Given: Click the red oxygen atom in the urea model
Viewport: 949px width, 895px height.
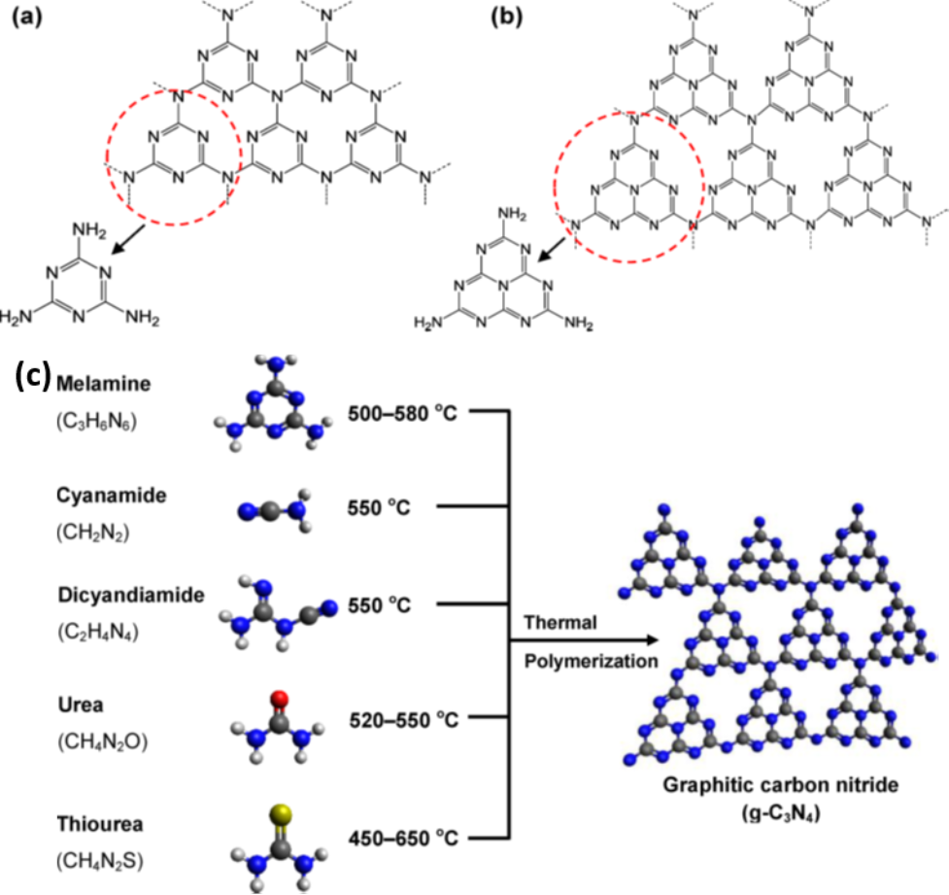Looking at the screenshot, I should [x=281, y=698].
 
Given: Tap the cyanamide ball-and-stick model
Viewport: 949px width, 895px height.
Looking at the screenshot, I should [x=276, y=509].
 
